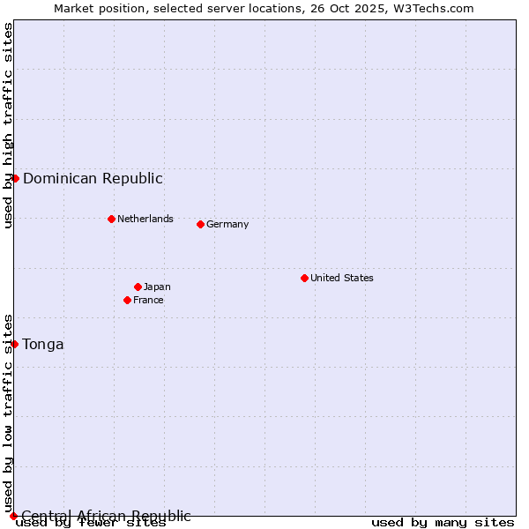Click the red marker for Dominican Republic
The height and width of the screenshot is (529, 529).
tap(15, 178)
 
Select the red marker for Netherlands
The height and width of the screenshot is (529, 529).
tap(111, 219)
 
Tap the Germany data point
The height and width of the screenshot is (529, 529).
tap(200, 224)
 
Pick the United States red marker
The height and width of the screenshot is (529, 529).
tap(304, 278)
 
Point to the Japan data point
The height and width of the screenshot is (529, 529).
tap(138, 287)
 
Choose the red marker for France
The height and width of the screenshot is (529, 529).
tap(127, 300)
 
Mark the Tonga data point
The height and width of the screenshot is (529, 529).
tap(15, 344)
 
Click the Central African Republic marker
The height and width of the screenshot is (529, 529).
tap(13, 516)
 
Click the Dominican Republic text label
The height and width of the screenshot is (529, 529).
tap(93, 179)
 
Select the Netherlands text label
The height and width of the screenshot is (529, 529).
tap(145, 220)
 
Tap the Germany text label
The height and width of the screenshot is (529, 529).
tap(227, 225)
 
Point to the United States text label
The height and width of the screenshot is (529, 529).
tap(342, 279)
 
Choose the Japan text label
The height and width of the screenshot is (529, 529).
tap(157, 287)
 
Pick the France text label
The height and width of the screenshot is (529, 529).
tap(148, 301)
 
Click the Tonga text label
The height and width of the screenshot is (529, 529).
tap(43, 345)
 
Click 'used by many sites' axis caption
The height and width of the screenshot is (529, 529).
tap(443, 523)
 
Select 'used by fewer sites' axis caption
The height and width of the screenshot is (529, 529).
tap(91, 523)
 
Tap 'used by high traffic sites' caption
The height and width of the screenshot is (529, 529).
tap(9, 125)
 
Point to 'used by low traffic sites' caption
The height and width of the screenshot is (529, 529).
tap(9, 414)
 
